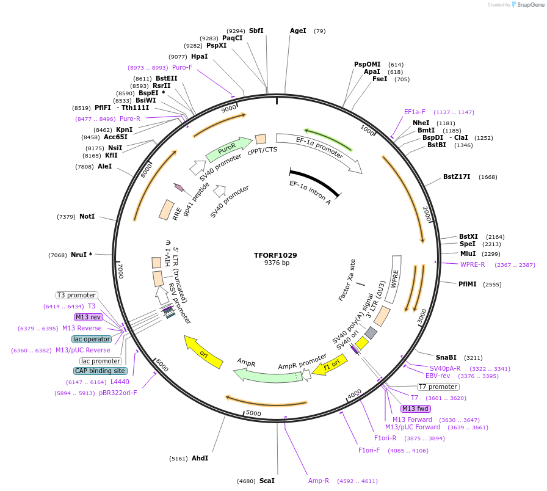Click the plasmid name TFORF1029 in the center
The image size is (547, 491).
click(x=275, y=255)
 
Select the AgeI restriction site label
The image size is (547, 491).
click(x=298, y=31)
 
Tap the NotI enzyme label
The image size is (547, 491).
click(x=87, y=216)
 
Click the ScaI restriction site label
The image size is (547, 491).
click(x=267, y=481)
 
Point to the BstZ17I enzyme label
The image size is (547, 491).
click(x=457, y=177)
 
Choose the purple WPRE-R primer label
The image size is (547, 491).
click(x=473, y=264)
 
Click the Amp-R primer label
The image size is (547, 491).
click(x=319, y=481)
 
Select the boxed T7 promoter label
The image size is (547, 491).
click(x=438, y=387)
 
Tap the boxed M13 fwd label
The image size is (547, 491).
click(x=415, y=409)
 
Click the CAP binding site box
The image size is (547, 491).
click(x=101, y=371)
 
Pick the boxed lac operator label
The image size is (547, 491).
click(x=92, y=339)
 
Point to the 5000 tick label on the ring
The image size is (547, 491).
click(x=253, y=413)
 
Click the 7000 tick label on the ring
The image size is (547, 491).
click(x=121, y=271)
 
